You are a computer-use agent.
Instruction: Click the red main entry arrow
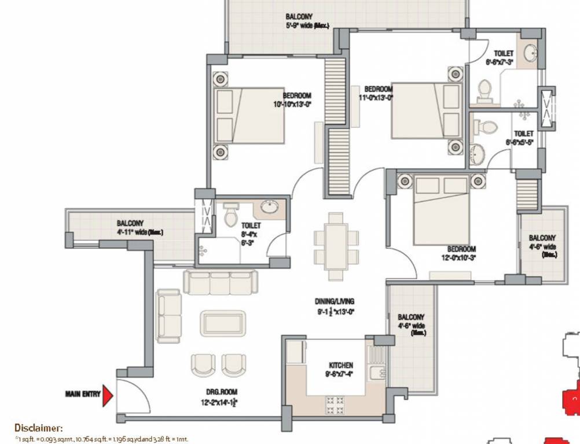[108, 395]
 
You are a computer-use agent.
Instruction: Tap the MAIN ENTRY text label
[82, 395]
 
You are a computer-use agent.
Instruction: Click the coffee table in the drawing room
[223, 323]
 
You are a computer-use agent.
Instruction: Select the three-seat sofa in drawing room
[219, 282]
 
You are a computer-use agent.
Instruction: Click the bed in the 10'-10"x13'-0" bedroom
[249, 116]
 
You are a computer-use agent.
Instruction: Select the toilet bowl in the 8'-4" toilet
[231, 214]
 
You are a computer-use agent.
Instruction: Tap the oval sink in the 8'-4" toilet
[269, 207]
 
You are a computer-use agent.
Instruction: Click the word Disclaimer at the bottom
[38, 428]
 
